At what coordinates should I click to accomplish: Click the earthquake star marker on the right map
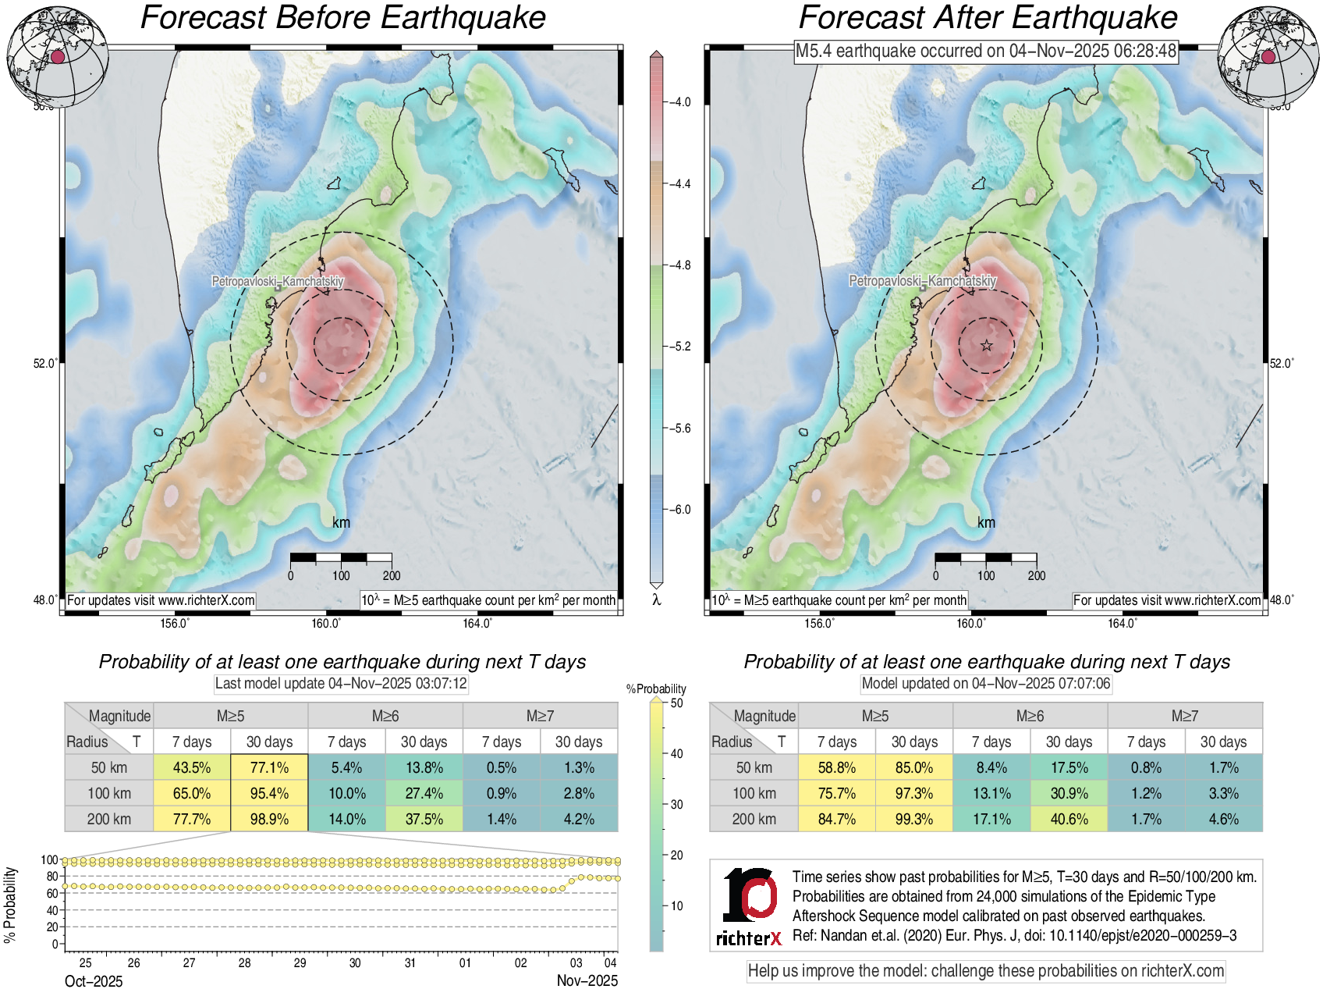[987, 345]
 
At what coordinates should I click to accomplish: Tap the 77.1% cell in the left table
[269, 767]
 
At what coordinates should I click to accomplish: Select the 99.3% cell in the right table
[914, 819]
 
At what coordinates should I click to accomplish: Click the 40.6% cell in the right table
[1069, 819]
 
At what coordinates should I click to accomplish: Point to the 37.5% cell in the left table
[424, 819]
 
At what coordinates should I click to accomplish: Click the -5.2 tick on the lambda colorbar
[680, 347]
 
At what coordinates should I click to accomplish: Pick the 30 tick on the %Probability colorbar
[676, 804]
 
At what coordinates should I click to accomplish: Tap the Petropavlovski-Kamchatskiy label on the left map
[278, 281]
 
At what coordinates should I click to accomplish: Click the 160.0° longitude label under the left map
[326, 623]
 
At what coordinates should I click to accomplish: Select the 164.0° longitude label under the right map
[1122, 623]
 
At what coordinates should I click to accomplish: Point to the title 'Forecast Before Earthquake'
[343, 18]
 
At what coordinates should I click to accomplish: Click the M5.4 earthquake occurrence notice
[986, 52]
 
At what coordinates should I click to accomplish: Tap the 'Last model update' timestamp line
[341, 684]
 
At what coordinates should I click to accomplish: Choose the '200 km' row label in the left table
[109, 819]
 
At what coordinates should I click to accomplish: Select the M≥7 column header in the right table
[1184, 716]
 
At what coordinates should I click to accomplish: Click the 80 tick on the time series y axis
[52, 877]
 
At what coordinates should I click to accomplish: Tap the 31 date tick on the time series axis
[410, 962]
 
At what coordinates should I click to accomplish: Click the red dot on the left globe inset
[57, 56]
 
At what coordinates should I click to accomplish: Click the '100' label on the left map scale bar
[341, 575]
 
